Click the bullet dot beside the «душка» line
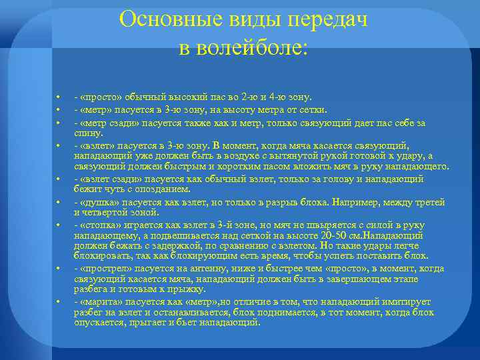(59, 201)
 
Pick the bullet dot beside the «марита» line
(59, 302)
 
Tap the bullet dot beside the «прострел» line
(59, 269)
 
